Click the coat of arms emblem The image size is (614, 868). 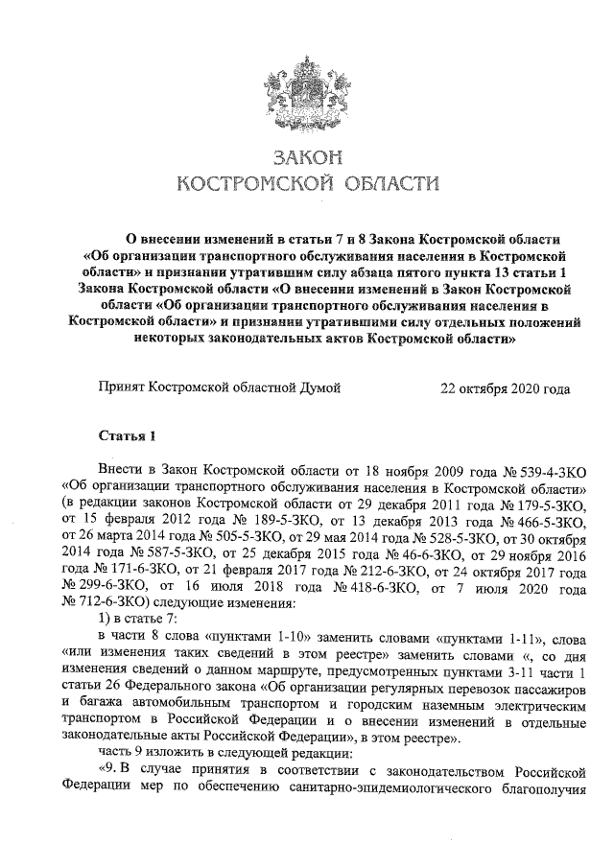(x=307, y=87)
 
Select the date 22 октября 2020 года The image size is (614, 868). (x=505, y=390)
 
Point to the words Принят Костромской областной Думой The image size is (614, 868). (x=220, y=390)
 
